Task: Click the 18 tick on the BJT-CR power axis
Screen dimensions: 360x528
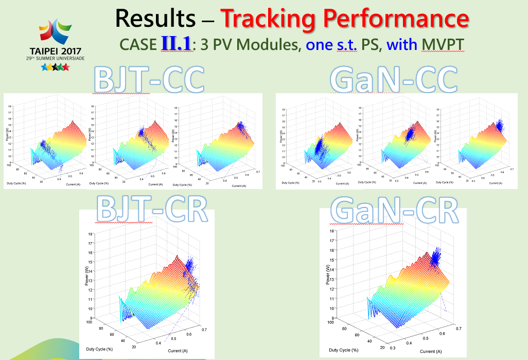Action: [x=91, y=234]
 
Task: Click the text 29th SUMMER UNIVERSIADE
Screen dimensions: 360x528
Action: [x=55, y=58]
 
